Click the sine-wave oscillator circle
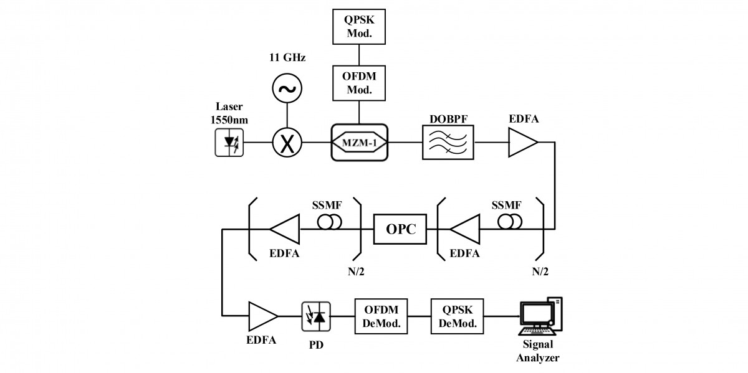tap(287, 88)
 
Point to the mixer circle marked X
tap(287, 143)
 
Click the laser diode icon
tap(229, 143)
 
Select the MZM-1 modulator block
tap(359, 143)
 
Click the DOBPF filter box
tap(448, 143)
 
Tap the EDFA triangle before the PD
tap(262, 316)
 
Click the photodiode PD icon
tap(317, 316)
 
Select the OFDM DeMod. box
tap(381, 316)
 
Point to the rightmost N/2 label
tap(542, 271)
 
